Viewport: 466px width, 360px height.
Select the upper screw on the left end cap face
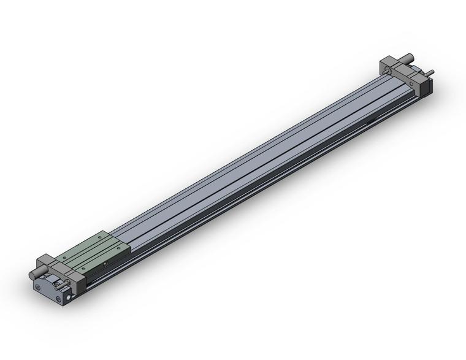pos(40,286)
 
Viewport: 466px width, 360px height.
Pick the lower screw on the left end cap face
pos(58,299)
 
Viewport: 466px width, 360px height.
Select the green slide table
pos(95,252)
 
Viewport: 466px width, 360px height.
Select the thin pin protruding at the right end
pos(431,73)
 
